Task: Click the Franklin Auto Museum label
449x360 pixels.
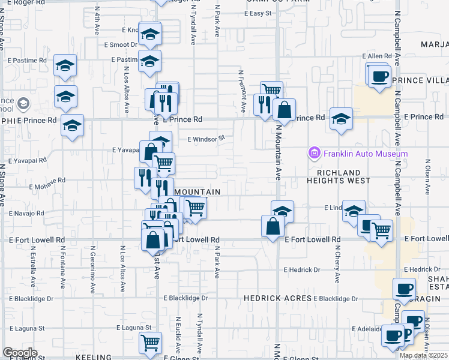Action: coord(366,154)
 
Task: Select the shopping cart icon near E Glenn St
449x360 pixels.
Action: coord(150,343)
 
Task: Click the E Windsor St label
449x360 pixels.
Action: coord(206,138)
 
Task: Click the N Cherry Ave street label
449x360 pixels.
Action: coord(338,267)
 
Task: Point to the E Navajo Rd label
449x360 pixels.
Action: coord(28,213)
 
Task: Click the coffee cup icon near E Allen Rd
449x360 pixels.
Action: coord(378,77)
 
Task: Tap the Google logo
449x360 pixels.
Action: coord(20,353)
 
